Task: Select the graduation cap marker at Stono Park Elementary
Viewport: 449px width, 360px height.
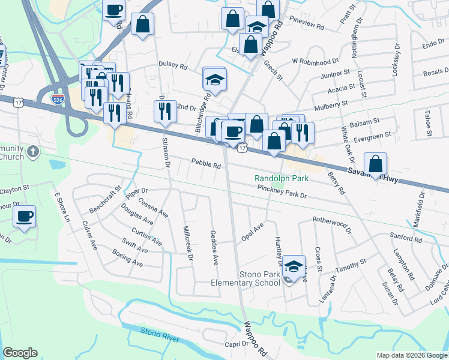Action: (x=294, y=266)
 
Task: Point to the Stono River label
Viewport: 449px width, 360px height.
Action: (x=160, y=335)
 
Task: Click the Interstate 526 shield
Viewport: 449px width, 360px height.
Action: (x=58, y=97)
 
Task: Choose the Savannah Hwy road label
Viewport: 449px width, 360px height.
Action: (x=372, y=174)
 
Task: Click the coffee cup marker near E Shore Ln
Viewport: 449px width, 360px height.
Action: (x=24, y=217)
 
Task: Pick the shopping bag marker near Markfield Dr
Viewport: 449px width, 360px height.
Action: (x=375, y=163)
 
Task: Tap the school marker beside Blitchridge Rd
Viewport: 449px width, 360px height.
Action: (x=214, y=78)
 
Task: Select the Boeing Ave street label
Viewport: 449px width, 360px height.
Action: (x=127, y=259)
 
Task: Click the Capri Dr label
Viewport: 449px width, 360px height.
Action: (x=237, y=344)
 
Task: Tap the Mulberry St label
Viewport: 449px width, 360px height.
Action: (x=329, y=107)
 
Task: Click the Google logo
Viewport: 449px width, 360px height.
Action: (x=20, y=353)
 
